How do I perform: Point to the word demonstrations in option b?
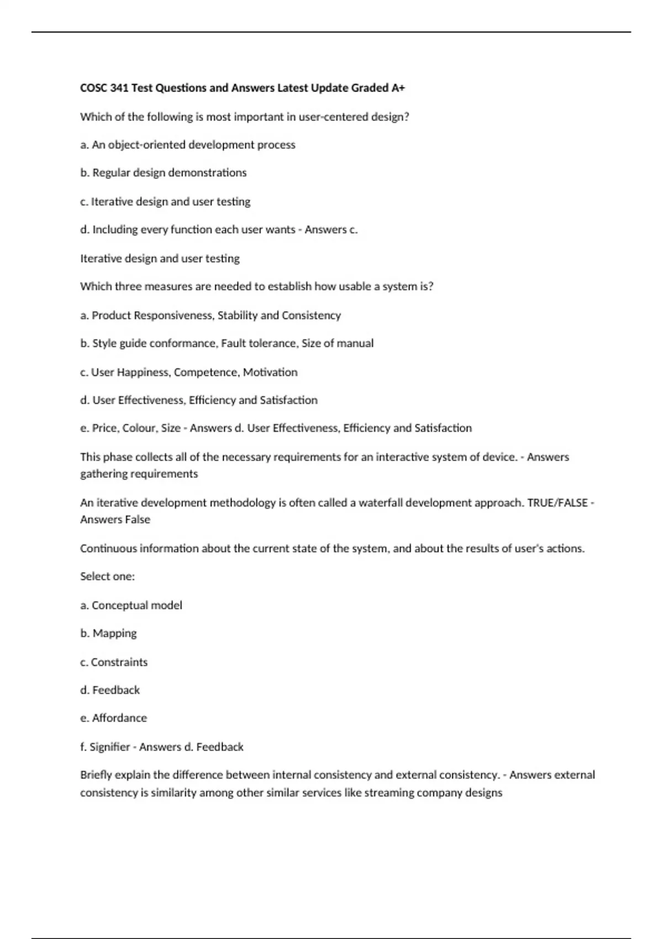(x=207, y=173)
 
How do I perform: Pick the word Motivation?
(x=270, y=372)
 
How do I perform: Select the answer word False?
(x=137, y=520)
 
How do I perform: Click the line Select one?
(x=107, y=577)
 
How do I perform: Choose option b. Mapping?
(x=108, y=634)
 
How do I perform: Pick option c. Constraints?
(x=114, y=662)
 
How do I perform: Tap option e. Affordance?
(x=113, y=718)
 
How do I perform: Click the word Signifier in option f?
(x=109, y=747)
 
